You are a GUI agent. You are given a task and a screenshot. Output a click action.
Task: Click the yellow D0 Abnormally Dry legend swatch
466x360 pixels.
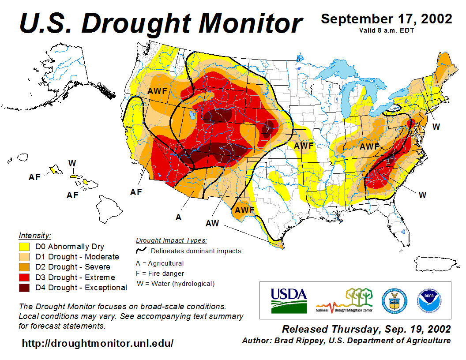pos(24,247)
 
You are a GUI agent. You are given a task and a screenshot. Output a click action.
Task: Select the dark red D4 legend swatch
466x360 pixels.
pos(24,288)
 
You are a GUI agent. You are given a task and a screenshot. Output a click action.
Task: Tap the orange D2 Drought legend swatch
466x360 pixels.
pos(24,267)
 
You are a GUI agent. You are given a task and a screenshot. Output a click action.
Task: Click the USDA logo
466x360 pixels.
pos(289,300)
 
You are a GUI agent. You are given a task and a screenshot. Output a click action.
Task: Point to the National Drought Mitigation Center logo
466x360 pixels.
pos(344,300)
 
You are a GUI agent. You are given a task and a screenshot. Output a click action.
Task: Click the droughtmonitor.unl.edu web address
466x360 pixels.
pos(98,343)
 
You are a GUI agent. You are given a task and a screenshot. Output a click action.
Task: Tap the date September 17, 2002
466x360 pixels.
pos(386,19)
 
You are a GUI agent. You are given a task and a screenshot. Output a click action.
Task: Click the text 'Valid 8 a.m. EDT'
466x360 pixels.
pos(386,30)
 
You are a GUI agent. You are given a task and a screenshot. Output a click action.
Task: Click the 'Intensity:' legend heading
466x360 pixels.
pos(35,235)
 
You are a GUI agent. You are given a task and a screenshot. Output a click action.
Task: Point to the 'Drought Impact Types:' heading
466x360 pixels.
pos(171,240)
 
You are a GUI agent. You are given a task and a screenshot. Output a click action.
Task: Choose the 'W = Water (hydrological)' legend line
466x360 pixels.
pos(176,284)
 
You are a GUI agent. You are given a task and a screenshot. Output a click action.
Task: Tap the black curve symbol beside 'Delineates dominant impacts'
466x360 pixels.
pos(142,251)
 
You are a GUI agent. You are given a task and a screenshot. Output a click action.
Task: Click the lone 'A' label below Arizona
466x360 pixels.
pos(178,217)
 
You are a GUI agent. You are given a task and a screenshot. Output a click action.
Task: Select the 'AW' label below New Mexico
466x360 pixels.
pos(212,223)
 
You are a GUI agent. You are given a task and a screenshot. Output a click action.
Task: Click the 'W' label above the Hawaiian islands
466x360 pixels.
pos(72,163)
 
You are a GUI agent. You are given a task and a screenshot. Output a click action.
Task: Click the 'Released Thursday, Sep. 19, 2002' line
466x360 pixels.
pos(366,329)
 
